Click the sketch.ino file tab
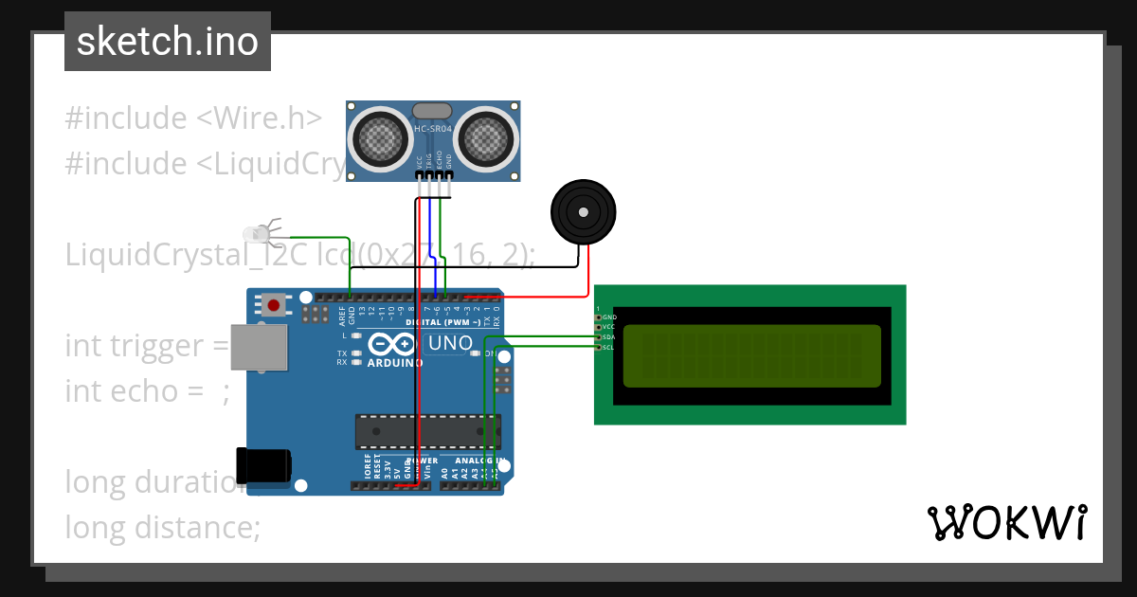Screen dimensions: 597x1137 [167, 42]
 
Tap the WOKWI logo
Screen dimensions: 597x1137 [1006, 522]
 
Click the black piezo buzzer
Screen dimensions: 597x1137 [584, 211]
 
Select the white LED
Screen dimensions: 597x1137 [257, 232]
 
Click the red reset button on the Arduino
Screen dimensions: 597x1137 [274, 305]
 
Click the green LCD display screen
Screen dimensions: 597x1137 [751, 355]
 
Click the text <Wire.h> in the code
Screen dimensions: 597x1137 [259, 118]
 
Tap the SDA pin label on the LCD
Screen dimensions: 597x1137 [608, 337]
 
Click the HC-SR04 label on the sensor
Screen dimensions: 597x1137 [434, 129]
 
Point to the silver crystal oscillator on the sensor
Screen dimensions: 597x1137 [433, 110]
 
